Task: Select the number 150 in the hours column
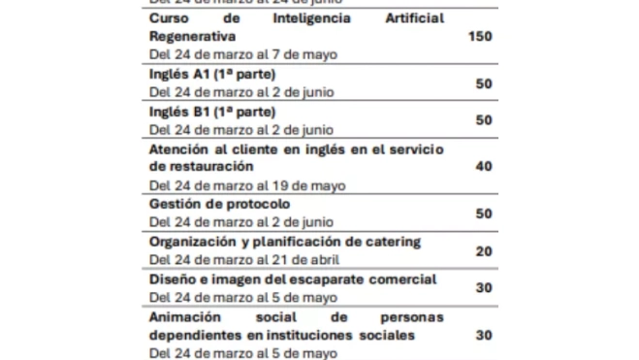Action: (x=480, y=36)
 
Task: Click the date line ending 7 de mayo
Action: (x=243, y=54)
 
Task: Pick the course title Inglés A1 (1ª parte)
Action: (x=213, y=74)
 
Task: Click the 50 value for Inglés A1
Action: (x=484, y=83)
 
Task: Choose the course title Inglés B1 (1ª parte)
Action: (x=213, y=112)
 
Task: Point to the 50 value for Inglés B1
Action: (x=484, y=120)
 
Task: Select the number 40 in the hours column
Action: (x=484, y=167)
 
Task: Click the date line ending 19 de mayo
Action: (x=247, y=185)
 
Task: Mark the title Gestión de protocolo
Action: (x=219, y=204)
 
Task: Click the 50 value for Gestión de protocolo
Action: (x=484, y=213)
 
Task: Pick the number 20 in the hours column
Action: (x=484, y=250)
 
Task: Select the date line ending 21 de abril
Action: (x=243, y=260)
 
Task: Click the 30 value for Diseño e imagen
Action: (x=484, y=288)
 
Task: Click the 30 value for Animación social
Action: (x=484, y=335)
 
